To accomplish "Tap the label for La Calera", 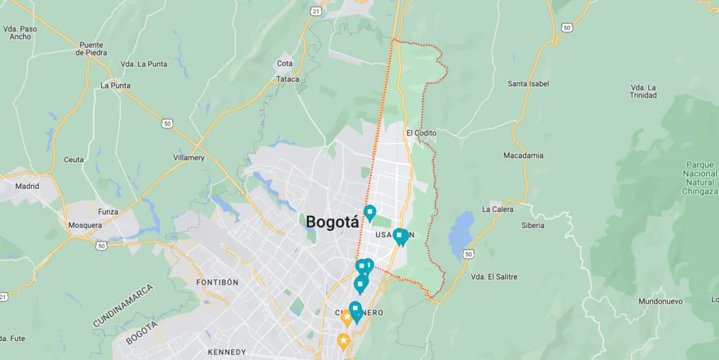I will click(498, 209).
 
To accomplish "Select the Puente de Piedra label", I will click(91, 48).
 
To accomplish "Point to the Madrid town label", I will click(27, 187).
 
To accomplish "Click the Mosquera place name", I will click(85, 225).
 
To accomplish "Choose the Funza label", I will click(108, 211).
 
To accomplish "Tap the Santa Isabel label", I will click(529, 84).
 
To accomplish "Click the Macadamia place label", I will click(523, 155).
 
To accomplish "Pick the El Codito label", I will click(421, 133).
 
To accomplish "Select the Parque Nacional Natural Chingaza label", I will click(701, 178).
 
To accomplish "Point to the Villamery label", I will click(189, 158).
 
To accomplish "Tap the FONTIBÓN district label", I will click(218, 282).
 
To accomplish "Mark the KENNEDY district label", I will click(227, 352).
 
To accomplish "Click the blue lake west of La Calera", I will click(461, 233).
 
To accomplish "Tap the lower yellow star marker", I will click(343, 342).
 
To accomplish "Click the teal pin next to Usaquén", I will click(400, 236).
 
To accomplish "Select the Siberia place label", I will click(533, 225).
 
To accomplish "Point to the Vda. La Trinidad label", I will click(643, 91).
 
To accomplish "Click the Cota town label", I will click(284, 63).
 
